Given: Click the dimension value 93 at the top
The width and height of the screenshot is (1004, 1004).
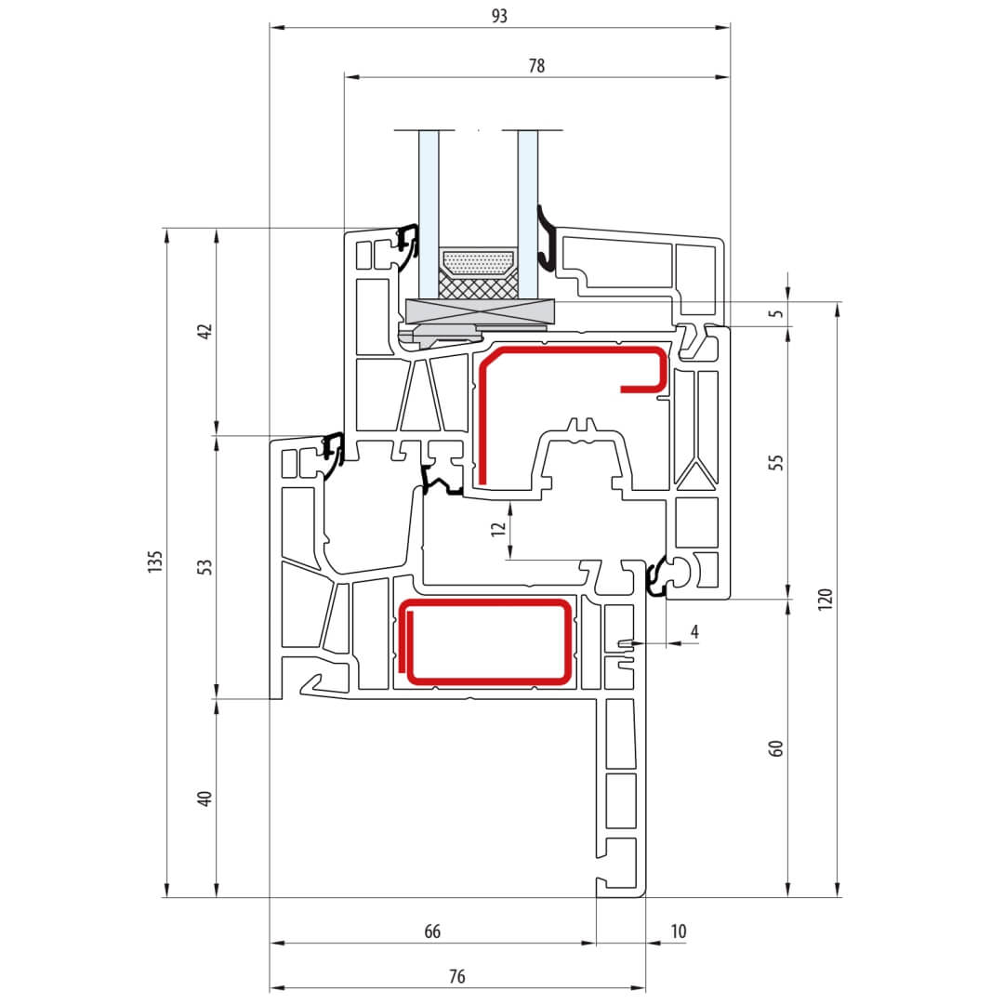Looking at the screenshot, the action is point(499,16).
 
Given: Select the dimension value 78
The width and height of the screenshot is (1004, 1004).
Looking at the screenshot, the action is point(536,65).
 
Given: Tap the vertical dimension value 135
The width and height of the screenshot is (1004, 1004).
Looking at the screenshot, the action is point(155,561).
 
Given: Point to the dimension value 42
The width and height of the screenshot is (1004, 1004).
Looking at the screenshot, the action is point(205,331).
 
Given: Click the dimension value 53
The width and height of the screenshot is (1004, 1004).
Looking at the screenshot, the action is point(205,567).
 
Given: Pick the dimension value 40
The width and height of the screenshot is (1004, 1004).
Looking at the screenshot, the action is point(205,799).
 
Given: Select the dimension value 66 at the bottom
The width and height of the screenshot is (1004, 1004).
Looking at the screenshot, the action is point(432,931).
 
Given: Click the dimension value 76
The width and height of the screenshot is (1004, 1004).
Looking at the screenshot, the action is point(456,976).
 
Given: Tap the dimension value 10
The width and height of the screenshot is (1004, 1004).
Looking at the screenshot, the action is point(678,931).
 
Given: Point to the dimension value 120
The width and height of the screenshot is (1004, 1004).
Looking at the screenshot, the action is point(826,599).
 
